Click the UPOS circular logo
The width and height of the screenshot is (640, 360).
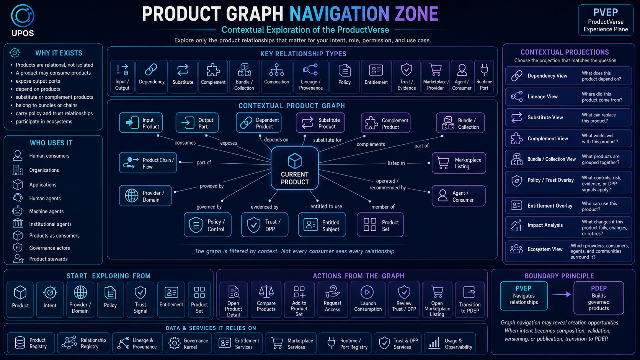(x=23, y=15)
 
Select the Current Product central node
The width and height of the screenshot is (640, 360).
(x=295, y=168)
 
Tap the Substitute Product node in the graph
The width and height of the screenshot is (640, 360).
(x=320, y=123)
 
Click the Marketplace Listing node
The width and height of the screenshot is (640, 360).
(x=459, y=163)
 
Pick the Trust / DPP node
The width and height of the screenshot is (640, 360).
(x=264, y=225)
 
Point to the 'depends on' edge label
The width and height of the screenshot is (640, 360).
(x=276, y=140)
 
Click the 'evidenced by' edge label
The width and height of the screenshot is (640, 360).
(x=264, y=207)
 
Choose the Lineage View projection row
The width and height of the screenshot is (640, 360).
(x=568, y=97)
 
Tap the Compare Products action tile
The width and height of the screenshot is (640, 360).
(x=266, y=300)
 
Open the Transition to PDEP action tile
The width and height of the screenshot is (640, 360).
(x=470, y=300)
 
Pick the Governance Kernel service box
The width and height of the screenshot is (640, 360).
(x=188, y=343)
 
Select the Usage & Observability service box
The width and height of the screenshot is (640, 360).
(x=450, y=343)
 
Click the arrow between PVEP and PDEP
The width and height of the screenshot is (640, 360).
(x=561, y=294)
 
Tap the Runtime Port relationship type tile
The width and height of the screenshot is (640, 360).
(x=484, y=77)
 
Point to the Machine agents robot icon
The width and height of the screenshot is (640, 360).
(x=18, y=211)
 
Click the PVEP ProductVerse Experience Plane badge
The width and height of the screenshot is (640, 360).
(x=606, y=20)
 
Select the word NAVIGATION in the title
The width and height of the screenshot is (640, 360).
(x=340, y=14)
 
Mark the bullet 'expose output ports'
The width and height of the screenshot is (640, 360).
(x=38, y=81)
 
